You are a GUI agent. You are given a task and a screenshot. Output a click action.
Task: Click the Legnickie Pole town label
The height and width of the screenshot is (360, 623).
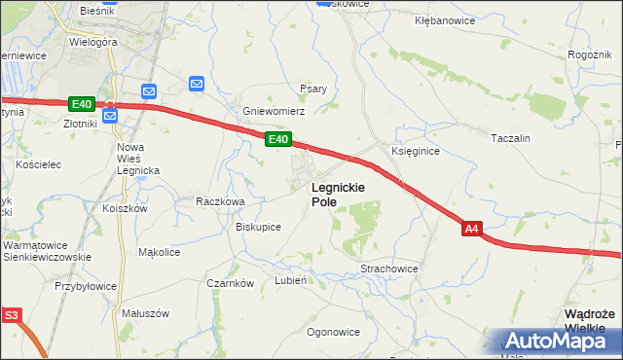pos(338,194)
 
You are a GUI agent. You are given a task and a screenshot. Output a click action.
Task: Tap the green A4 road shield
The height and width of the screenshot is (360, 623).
pos(471,230)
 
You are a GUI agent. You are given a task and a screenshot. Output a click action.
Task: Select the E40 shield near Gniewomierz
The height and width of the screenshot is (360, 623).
pos(277,140)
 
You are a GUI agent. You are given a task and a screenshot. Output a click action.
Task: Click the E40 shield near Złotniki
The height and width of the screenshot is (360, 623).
pos(82,104)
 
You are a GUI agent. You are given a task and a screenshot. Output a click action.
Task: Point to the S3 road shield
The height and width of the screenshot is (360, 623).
pos(11,315)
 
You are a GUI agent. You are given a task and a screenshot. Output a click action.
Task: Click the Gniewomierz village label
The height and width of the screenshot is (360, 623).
pos(275,111)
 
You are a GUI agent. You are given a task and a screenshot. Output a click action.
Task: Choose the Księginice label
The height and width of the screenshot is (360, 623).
pos(416,152)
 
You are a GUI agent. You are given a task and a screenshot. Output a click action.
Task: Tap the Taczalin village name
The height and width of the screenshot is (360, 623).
pos(511,138)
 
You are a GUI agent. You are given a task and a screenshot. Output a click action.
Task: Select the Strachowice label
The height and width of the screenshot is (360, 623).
pos(389,268)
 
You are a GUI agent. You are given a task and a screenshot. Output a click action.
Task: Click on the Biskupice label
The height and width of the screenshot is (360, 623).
pos(259,227)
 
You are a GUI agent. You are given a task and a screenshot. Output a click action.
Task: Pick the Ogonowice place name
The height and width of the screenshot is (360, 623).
pos(333,332)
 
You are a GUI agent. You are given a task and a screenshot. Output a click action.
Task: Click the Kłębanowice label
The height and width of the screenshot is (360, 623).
pos(443,19)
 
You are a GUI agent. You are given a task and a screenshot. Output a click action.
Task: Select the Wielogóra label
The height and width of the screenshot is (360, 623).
pos(93,43)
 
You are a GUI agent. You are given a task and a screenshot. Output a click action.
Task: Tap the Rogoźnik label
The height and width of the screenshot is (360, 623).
pos(590,54)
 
